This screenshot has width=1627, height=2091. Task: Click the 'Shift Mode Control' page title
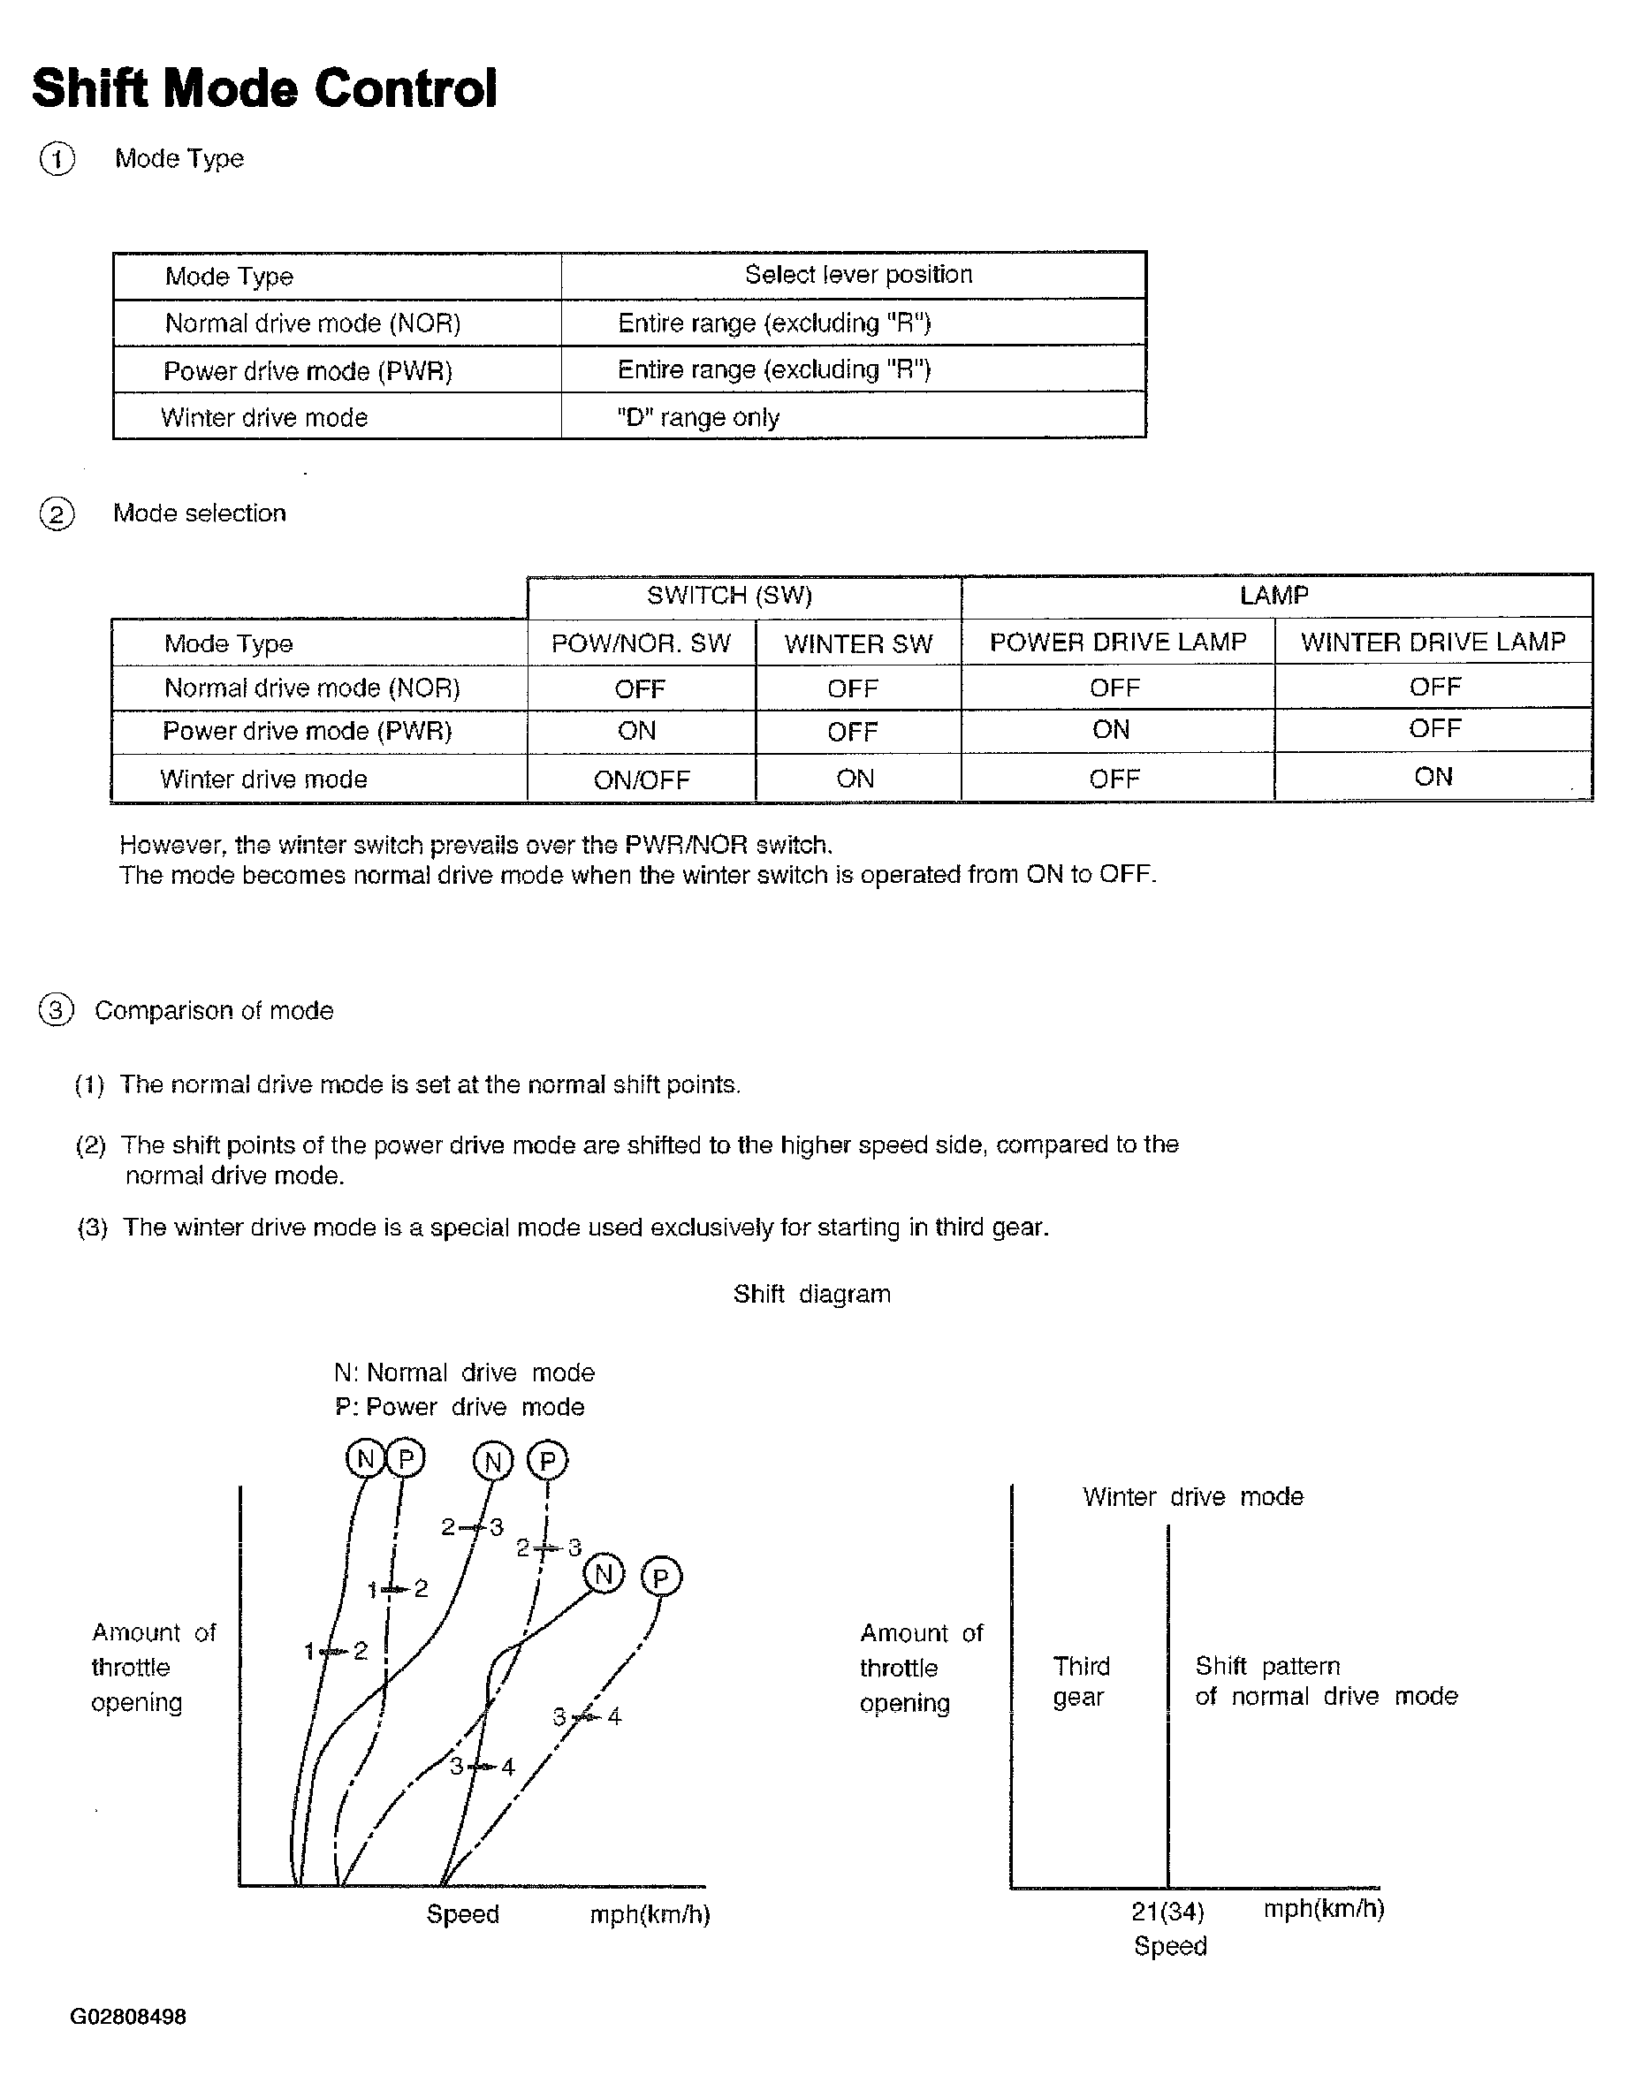coord(264,89)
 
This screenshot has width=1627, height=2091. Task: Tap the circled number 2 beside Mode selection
coord(57,514)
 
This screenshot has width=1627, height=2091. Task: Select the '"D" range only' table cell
coord(698,417)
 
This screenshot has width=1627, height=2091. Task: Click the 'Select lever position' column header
coord(858,275)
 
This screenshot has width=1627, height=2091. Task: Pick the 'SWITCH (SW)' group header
coord(729,596)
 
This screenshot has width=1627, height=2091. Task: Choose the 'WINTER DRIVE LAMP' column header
coord(1433,642)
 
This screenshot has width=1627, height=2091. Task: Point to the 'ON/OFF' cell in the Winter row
coord(641,779)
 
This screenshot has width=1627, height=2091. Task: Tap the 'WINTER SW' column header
coord(858,643)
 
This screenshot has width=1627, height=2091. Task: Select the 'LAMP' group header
coord(1273,596)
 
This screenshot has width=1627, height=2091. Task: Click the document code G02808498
coord(128,2017)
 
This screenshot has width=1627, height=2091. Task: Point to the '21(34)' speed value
coord(1167,1912)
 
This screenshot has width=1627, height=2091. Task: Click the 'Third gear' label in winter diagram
coord(1081,1681)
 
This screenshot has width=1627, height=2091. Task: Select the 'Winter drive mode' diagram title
coord(1192,1496)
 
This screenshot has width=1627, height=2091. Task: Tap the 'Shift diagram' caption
coord(811,1295)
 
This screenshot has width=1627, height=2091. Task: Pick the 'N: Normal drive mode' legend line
coord(465,1373)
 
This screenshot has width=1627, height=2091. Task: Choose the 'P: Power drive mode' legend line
coord(460,1406)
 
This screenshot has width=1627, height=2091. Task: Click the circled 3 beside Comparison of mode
coord(57,1010)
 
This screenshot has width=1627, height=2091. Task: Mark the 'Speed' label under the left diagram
coord(462,1914)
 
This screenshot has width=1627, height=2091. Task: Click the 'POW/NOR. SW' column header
coord(641,643)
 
